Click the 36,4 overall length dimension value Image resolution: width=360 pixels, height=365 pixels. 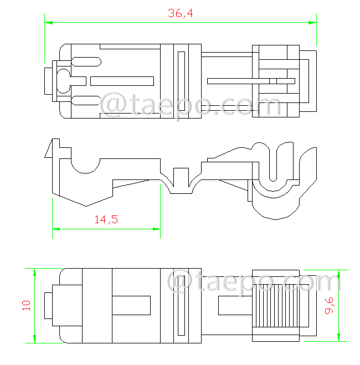[x=180, y=14]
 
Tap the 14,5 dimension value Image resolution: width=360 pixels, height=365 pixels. [x=106, y=219]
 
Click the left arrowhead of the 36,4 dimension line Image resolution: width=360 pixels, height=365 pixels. [x=49, y=23]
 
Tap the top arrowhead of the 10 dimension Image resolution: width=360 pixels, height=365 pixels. [x=35, y=273]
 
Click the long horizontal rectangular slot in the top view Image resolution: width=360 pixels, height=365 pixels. [x=122, y=81]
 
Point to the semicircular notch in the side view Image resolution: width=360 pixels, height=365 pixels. [x=85, y=164]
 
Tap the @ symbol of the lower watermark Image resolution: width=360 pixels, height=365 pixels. [x=181, y=282]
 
